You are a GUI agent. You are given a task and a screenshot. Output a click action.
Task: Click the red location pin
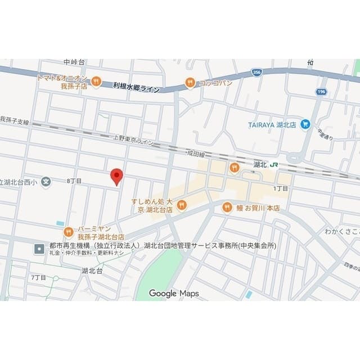point(116,176)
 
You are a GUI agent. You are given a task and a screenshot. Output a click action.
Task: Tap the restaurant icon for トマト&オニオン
point(96,82)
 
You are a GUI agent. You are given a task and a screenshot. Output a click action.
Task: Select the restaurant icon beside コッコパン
point(190,83)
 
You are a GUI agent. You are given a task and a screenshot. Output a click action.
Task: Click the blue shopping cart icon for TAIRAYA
point(305,124)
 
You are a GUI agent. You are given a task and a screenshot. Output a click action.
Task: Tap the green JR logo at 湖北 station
point(274,165)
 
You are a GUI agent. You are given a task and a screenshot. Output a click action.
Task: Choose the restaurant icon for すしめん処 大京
point(181,205)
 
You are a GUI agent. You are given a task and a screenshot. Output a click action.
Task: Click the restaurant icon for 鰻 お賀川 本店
point(227,207)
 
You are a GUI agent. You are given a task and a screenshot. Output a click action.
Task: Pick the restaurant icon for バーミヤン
point(69,231)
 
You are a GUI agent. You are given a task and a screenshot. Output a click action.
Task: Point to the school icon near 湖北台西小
point(46,182)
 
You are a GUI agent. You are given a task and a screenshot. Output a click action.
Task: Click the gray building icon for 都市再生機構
point(39,247)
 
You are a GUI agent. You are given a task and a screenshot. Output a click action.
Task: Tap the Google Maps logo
point(173,293)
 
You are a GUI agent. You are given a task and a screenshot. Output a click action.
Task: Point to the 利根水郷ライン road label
point(136,87)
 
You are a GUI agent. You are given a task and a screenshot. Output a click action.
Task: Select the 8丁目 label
point(74,181)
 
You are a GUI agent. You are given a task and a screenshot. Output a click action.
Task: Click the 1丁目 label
point(281,188)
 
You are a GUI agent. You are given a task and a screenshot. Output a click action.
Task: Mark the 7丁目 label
point(38,278)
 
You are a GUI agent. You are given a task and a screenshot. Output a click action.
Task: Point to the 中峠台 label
point(74,62)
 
